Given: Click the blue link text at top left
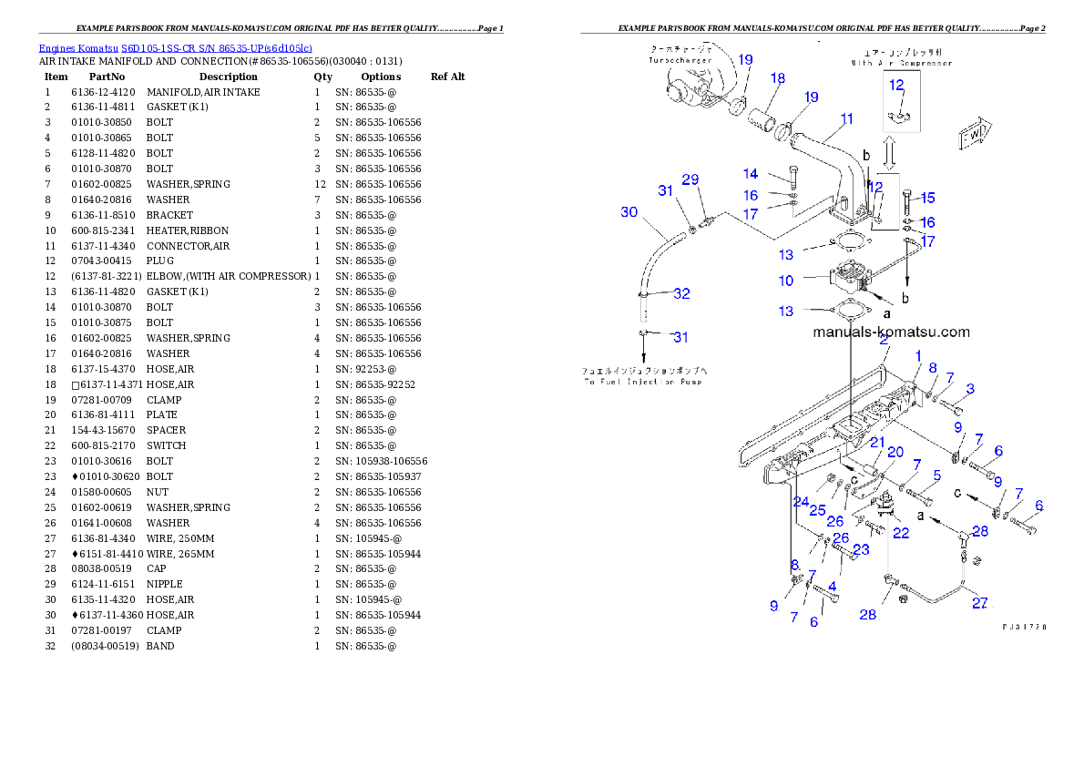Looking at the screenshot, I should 175,47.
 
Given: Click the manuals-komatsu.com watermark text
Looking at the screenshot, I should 891,332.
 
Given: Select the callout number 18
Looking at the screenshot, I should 777,79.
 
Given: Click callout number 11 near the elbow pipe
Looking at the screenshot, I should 847,118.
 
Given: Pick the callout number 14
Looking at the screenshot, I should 751,174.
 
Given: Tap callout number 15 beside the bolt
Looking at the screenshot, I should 927,198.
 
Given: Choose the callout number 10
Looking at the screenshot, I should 785,281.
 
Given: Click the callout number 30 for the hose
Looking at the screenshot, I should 629,212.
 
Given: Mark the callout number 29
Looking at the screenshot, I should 690,180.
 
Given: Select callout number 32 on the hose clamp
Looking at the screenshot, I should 681,293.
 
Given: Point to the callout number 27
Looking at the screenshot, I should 979,602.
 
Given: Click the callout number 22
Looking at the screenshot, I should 900,534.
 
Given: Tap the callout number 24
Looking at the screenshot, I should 801,502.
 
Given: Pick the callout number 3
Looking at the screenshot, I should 970,389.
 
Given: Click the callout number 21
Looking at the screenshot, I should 876,442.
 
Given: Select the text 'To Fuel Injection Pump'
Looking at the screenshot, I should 644,382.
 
